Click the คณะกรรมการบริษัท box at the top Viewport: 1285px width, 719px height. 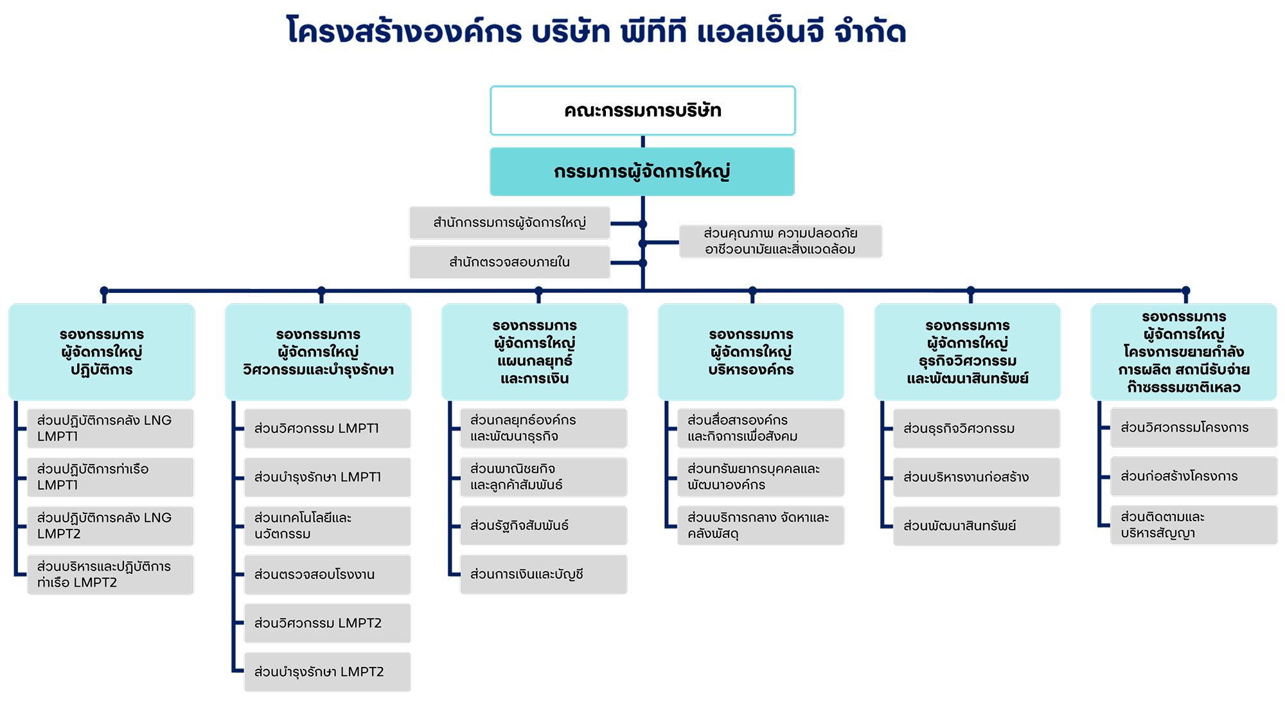tap(642, 111)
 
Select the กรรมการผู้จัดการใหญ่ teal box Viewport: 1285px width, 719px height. tap(642, 172)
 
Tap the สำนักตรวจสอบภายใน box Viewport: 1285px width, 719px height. tap(510, 262)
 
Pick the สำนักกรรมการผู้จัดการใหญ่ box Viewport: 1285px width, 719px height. tap(510, 223)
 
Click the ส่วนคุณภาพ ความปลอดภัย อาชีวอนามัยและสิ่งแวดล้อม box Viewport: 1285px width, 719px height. tap(781, 242)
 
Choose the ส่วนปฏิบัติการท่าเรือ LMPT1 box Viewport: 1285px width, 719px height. tap(111, 477)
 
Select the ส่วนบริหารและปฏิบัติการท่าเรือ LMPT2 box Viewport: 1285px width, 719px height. tap(111, 574)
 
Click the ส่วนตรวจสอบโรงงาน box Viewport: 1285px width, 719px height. tap(328, 574)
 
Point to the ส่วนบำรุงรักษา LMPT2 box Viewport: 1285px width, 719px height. tap(328, 672)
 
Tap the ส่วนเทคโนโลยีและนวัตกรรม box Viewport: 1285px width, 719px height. tap(328, 526)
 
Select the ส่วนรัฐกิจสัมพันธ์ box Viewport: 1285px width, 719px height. tap(544, 526)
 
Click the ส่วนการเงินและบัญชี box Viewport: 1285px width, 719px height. tap(544, 574)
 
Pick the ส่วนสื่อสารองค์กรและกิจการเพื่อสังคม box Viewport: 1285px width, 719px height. tap(761, 428)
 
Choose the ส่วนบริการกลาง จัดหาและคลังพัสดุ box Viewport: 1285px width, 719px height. tap(761, 526)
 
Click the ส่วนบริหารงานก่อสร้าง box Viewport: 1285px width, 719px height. tap(977, 477)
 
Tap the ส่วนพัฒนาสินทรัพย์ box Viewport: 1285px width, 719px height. tap(977, 526)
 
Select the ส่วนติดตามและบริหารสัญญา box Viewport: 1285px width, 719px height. tap(1194, 525)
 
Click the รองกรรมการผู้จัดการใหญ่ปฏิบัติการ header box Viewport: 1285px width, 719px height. tap(102, 352)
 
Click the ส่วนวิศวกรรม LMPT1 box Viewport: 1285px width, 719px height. tap(328, 428)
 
